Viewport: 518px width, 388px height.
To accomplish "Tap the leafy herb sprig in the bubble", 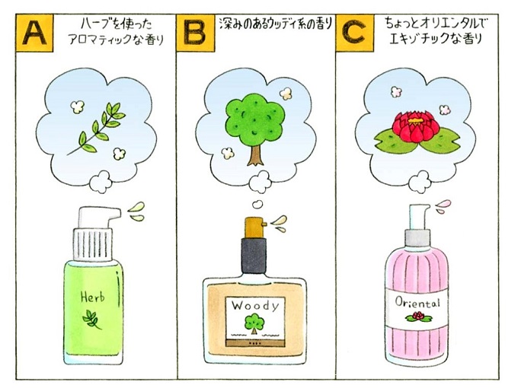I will point(97,129).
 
